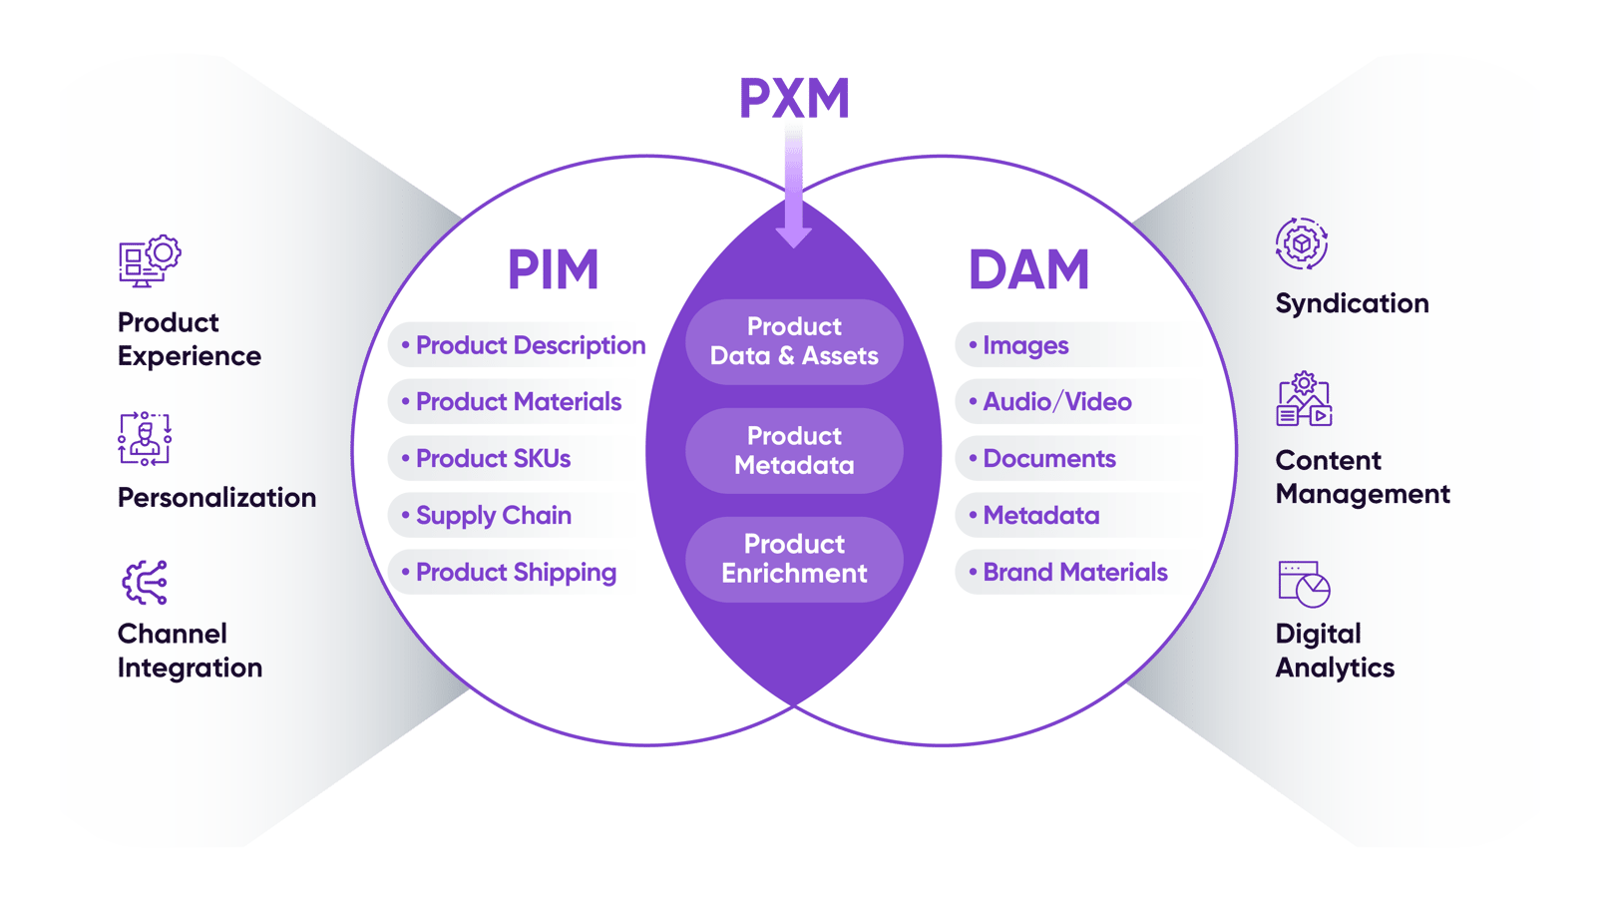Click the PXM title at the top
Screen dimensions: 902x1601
coord(794,98)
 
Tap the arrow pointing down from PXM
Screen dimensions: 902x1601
coord(793,190)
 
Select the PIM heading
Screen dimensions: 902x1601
coord(553,269)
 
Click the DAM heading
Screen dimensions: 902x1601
coord(1028,269)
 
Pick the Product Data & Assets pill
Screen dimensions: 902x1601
coord(794,341)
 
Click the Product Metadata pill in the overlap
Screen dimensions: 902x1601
coord(794,450)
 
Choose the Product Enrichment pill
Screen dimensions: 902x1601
coord(794,559)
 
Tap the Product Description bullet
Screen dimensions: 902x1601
coord(529,345)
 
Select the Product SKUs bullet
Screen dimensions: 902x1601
coord(493,459)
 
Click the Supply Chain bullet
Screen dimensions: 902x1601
coord(493,516)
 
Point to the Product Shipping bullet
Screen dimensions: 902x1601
coord(515,573)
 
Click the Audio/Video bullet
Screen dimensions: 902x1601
coord(1056,402)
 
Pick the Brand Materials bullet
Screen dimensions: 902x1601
coord(1074,573)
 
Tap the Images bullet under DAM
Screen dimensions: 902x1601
coord(1024,345)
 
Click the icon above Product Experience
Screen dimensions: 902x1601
coord(150,261)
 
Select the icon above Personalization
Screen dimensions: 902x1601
coord(146,439)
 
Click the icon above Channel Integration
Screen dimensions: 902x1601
coord(146,583)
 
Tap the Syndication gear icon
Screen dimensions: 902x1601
coord(1302,243)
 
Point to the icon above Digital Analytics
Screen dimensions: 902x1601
coord(1304,584)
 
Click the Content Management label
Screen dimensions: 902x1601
coord(1362,477)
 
